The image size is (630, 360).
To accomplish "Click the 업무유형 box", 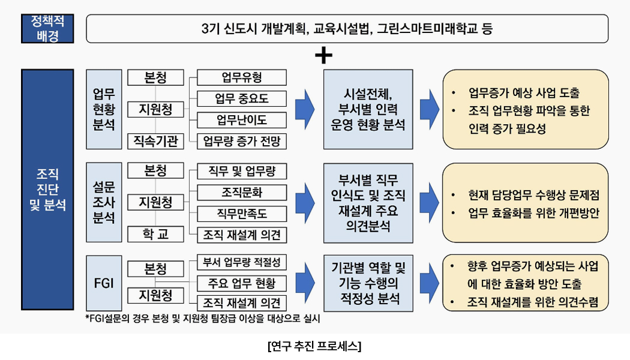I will point(241,77).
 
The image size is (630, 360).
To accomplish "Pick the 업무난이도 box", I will point(241,120).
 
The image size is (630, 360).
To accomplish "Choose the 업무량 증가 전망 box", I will point(241,142).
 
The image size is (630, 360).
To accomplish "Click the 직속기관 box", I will point(155,142).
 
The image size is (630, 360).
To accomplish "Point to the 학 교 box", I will point(155,234).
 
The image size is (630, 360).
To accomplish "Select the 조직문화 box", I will point(241,192).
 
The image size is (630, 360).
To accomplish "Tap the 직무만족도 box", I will point(241,213).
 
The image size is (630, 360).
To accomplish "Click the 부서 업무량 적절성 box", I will point(241,262).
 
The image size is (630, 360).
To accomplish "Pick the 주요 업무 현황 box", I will point(241,283).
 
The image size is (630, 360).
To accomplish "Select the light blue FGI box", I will point(104,283).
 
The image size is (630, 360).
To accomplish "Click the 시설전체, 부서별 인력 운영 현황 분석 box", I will point(368,110).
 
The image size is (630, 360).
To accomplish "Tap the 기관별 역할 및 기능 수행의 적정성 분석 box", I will point(368,283).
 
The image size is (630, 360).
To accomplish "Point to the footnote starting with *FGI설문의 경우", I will point(203,319).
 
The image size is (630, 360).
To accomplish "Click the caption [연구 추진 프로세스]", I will point(314,346).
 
